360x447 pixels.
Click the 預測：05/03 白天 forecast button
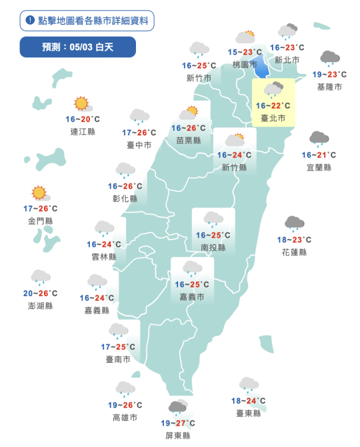tap(77, 47)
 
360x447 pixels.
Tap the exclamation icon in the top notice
tap(30, 21)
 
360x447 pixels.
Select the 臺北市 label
tap(273, 118)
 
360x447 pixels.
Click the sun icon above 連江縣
tap(82, 104)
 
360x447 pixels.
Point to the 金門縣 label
tap(40, 221)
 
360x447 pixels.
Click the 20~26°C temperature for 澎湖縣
tap(40, 294)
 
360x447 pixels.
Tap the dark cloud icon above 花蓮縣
tap(294, 223)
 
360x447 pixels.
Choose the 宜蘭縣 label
tap(319, 167)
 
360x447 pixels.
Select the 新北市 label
tap(287, 60)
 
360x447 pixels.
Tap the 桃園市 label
tap(245, 65)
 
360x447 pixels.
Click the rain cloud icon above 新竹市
tap(199, 49)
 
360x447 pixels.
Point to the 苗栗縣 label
tap(189, 140)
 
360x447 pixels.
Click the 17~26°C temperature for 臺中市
tap(139, 132)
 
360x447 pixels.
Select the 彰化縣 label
tap(125, 199)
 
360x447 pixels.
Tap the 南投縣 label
tap(213, 248)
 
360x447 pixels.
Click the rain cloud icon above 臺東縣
tap(249, 384)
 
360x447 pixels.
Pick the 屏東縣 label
tap(178, 436)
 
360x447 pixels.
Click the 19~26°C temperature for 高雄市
tap(125, 405)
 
